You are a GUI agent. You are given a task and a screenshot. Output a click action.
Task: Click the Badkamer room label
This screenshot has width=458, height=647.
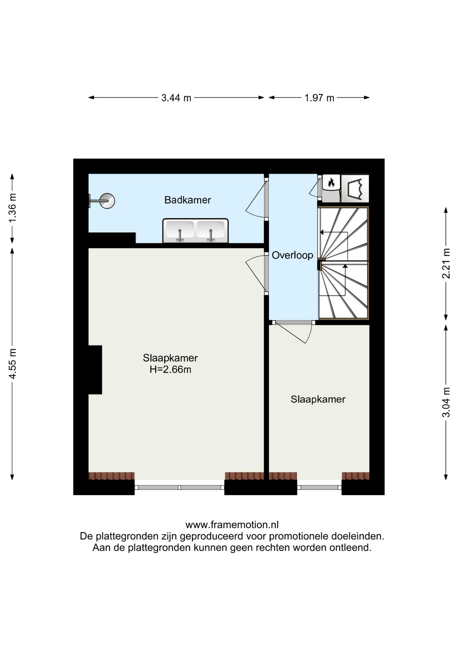point(188,200)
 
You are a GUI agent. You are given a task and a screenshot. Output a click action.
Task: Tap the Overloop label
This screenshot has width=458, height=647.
point(292,255)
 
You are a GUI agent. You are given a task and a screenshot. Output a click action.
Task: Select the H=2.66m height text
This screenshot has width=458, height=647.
point(170,370)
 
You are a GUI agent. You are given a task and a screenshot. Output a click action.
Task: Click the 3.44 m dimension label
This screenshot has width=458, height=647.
point(176,98)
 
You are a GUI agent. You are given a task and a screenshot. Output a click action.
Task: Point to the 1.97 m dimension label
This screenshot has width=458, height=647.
point(319,98)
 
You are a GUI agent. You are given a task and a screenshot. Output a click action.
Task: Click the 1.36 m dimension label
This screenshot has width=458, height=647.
point(12,208)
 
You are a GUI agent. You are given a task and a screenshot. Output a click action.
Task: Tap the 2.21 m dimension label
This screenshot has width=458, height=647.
point(446,263)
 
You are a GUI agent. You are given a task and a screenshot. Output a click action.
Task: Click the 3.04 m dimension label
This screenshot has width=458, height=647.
point(446,402)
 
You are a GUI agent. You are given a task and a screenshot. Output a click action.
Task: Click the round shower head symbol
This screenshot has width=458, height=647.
point(107,201)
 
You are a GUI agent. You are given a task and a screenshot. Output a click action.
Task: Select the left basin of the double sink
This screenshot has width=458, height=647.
point(180,230)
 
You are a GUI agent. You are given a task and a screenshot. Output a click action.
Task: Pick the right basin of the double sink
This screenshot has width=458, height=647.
point(211,230)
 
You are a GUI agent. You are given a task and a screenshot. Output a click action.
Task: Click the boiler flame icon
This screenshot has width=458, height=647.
point(331,183)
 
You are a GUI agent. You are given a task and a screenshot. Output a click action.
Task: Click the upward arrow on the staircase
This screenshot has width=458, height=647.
point(345,266)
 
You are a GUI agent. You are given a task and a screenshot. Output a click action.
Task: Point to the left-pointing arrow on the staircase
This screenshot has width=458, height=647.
point(322,232)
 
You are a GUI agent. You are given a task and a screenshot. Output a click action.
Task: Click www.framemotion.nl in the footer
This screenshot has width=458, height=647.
point(232,525)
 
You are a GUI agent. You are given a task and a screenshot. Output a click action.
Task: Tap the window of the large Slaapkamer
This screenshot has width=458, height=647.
point(179,487)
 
